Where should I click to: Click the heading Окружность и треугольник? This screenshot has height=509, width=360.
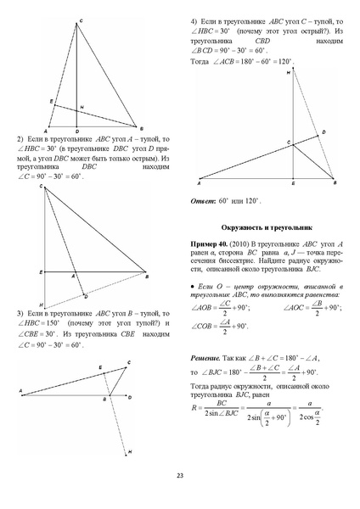(268, 227)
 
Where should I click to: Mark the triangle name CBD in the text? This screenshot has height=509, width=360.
(267, 41)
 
